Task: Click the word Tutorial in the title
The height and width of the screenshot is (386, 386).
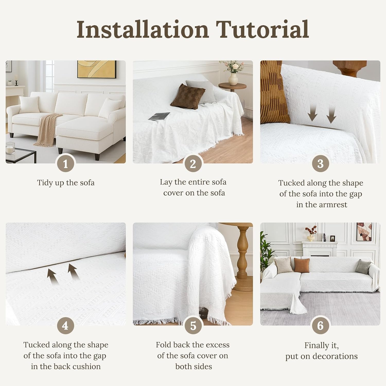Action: [x=262, y=29]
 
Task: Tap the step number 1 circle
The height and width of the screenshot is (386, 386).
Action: [x=65, y=164]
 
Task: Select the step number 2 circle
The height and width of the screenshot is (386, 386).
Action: [x=193, y=164]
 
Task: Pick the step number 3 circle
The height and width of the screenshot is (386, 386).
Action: [x=320, y=164]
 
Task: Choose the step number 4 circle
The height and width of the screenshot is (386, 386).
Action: [x=65, y=326]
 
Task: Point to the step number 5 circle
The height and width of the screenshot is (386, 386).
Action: [x=193, y=326]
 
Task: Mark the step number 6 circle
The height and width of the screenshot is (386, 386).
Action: [x=320, y=326]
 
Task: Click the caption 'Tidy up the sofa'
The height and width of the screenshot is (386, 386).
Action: [x=66, y=183]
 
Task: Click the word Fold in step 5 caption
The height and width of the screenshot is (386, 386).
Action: [x=163, y=345]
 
